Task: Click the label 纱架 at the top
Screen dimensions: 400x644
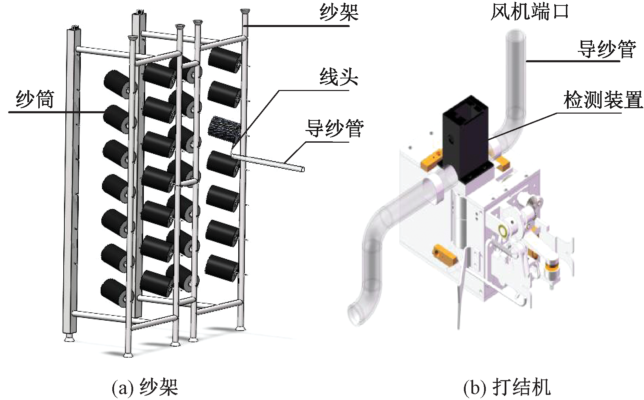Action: (x=339, y=13)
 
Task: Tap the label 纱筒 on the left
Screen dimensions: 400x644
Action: (x=35, y=99)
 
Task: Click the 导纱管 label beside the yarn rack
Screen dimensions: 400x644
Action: (x=334, y=129)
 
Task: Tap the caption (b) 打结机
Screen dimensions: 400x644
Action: (x=507, y=387)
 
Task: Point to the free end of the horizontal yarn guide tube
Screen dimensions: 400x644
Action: (x=303, y=169)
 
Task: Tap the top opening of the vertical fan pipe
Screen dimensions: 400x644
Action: (x=515, y=34)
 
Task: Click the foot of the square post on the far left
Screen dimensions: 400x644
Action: (x=70, y=338)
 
